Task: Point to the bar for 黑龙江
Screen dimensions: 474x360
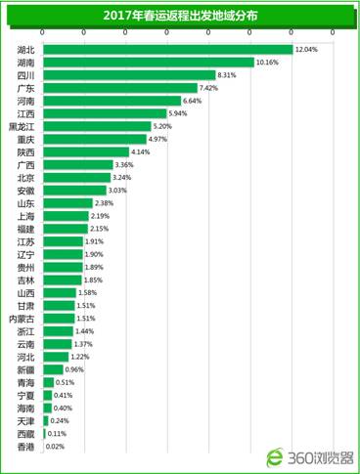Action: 97,126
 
